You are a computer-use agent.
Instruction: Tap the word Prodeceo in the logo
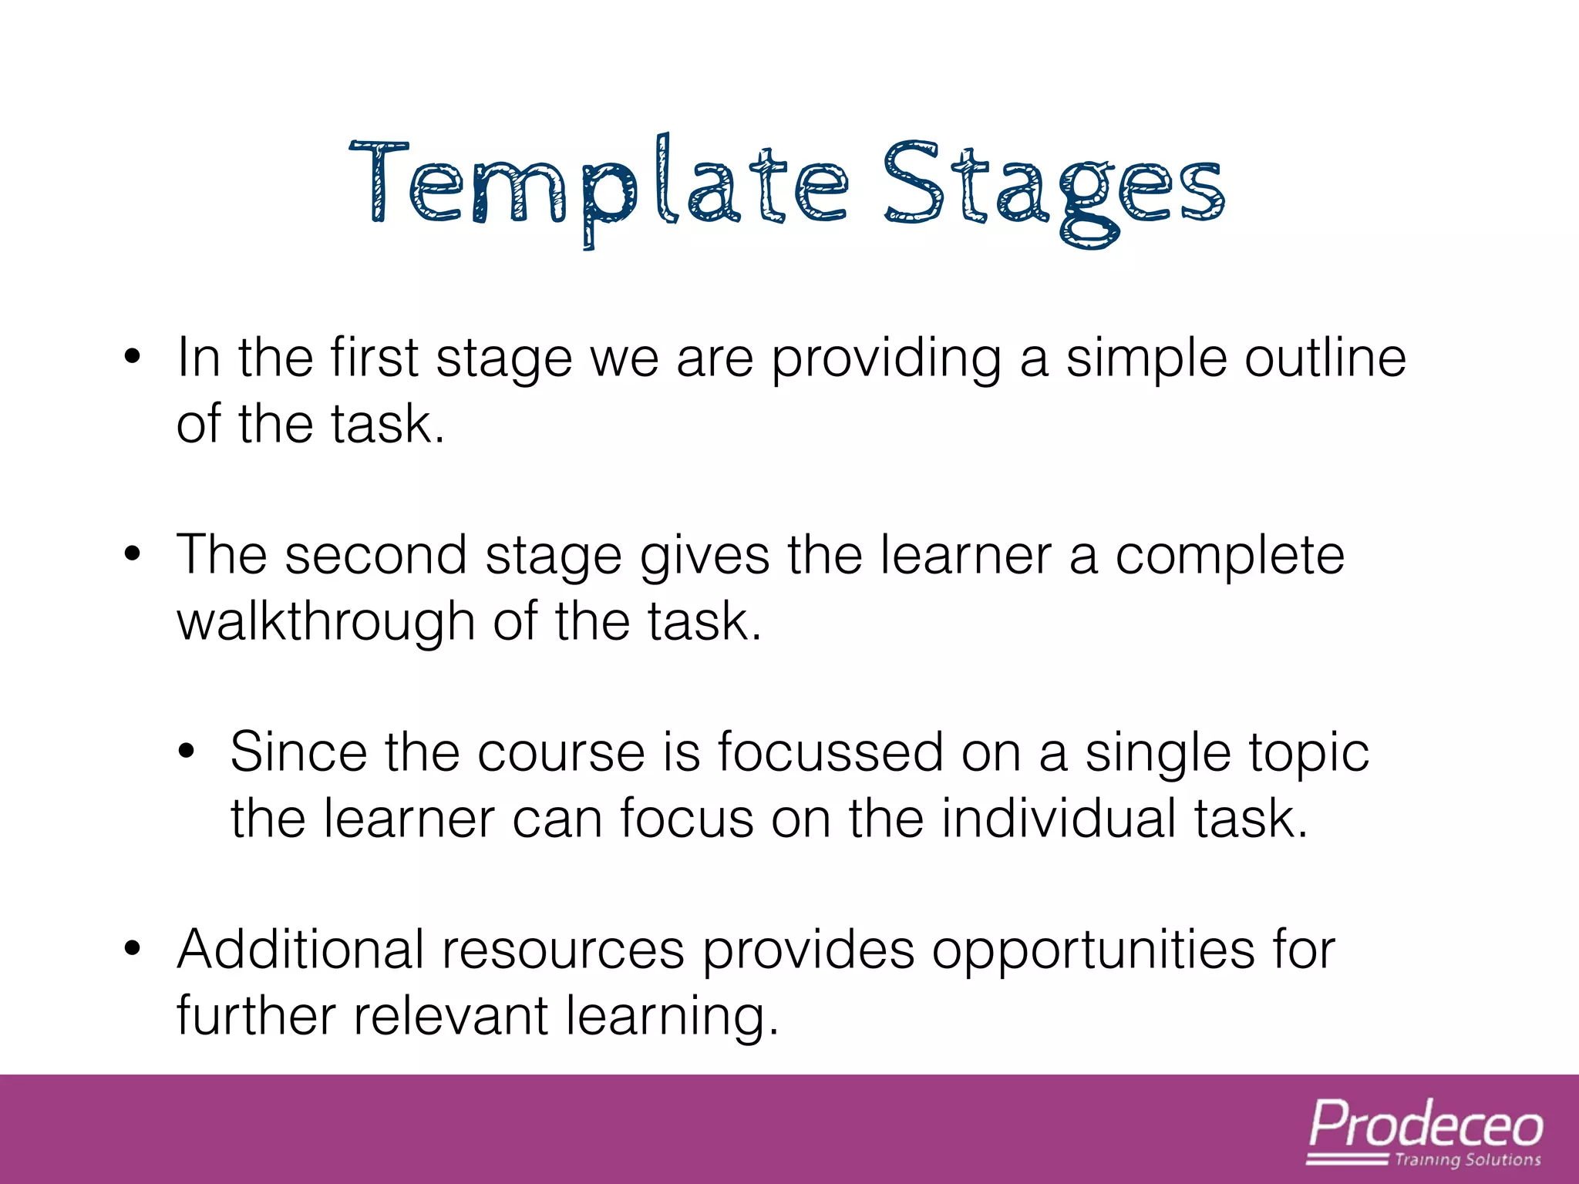[x=1426, y=1125]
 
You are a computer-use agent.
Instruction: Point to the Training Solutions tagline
[x=1467, y=1160]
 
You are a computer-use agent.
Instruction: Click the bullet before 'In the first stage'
[x=133, y=358]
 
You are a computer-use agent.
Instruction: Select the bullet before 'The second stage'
[x=133, y=554]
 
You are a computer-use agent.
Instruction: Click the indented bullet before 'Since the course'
[x=186, y=752]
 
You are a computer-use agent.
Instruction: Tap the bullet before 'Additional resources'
[x=133, y=949]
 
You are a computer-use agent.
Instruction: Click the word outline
[x=1325, y=358]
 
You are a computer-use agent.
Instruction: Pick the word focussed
[x=830, y=752]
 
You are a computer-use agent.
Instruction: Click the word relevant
[x=451, y=1015]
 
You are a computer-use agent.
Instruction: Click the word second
[x=375, y=555]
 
